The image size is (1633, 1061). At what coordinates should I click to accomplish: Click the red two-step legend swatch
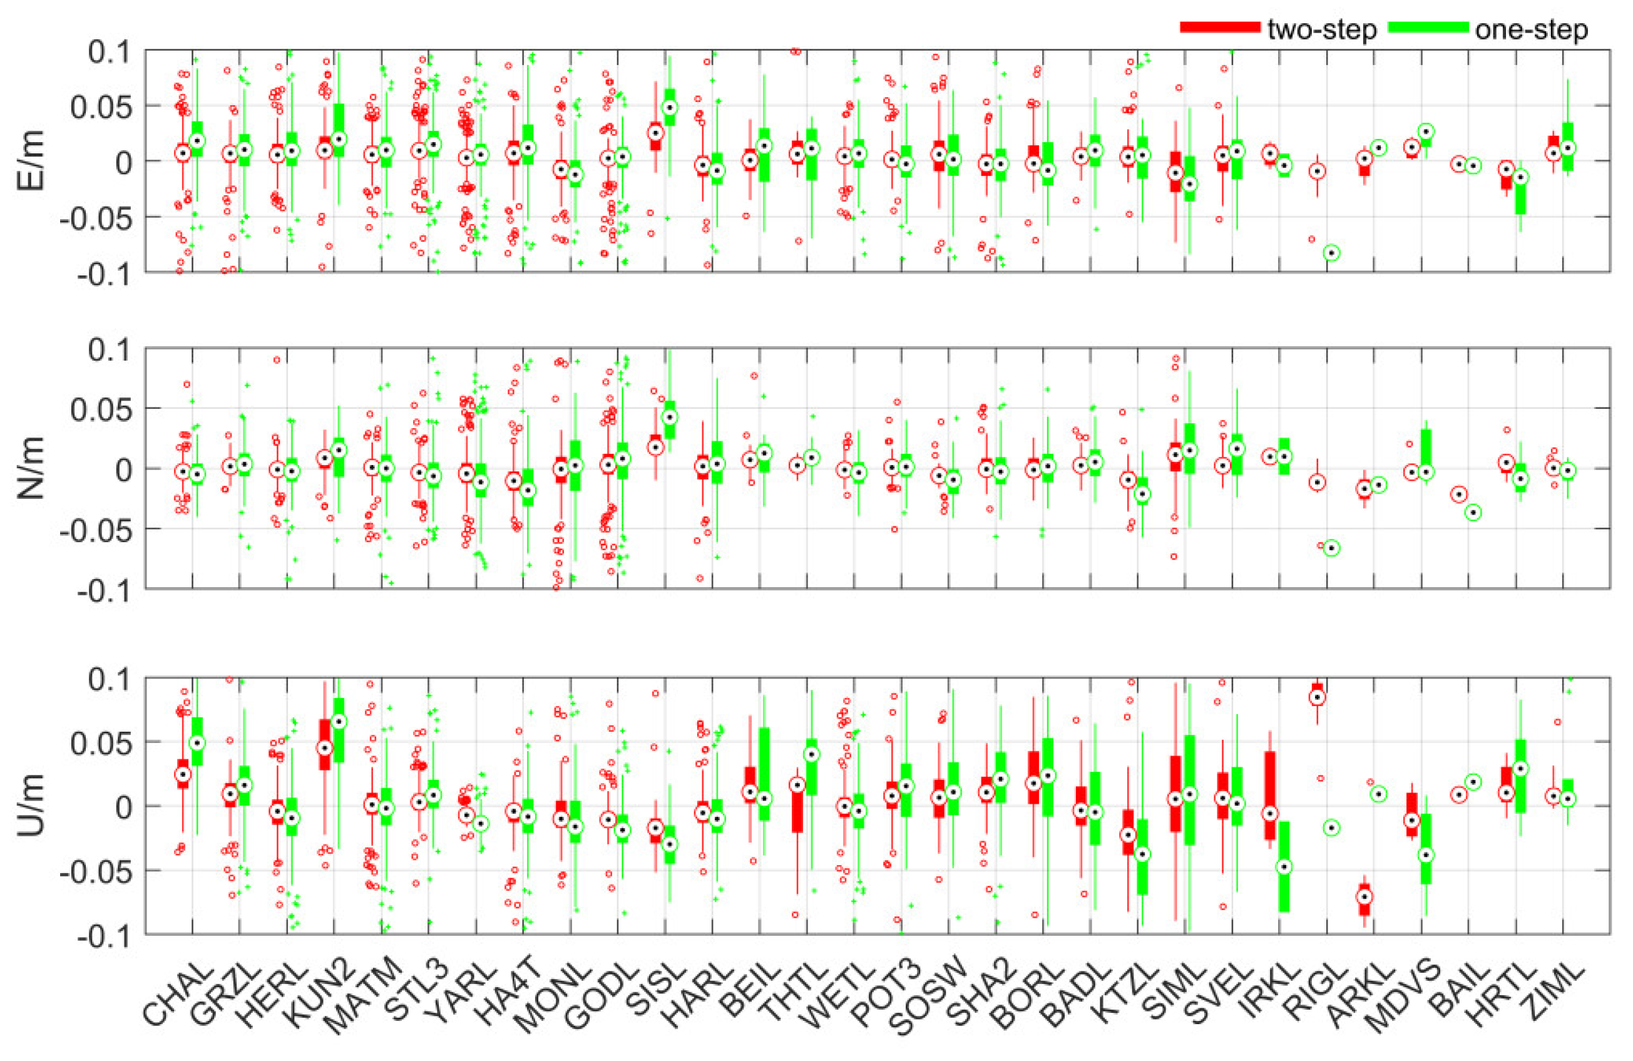1219,28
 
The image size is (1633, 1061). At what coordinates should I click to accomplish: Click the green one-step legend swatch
1428,28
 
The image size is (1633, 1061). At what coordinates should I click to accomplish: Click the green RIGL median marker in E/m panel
1332,254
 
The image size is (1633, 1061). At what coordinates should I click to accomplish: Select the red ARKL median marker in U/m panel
1364,896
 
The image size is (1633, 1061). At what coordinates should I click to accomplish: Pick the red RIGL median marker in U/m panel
1317,697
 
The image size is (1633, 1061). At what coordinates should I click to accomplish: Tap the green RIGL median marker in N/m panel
1332,548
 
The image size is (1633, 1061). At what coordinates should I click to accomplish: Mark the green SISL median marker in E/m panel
670,108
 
